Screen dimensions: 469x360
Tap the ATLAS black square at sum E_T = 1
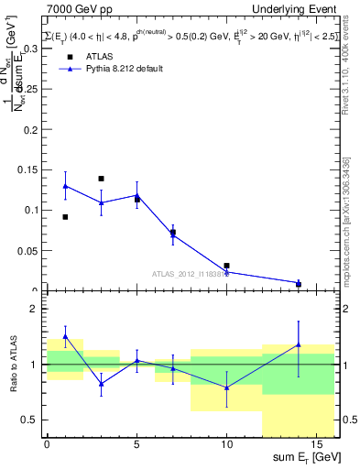(65, 217)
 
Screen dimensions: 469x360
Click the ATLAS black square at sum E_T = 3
(101, 179)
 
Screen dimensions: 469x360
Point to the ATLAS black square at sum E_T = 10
(226, 266)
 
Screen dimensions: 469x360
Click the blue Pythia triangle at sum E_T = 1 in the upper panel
(65, 186)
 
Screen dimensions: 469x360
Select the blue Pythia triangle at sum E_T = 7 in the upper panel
(172, 234)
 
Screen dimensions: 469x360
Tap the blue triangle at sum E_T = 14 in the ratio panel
(299, 344)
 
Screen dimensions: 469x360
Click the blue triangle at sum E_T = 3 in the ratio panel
(101, 384)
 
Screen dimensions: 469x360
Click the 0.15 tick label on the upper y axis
(26, 169)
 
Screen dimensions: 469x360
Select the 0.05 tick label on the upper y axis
(26, 250)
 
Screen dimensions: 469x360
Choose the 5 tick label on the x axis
(136, 444)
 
